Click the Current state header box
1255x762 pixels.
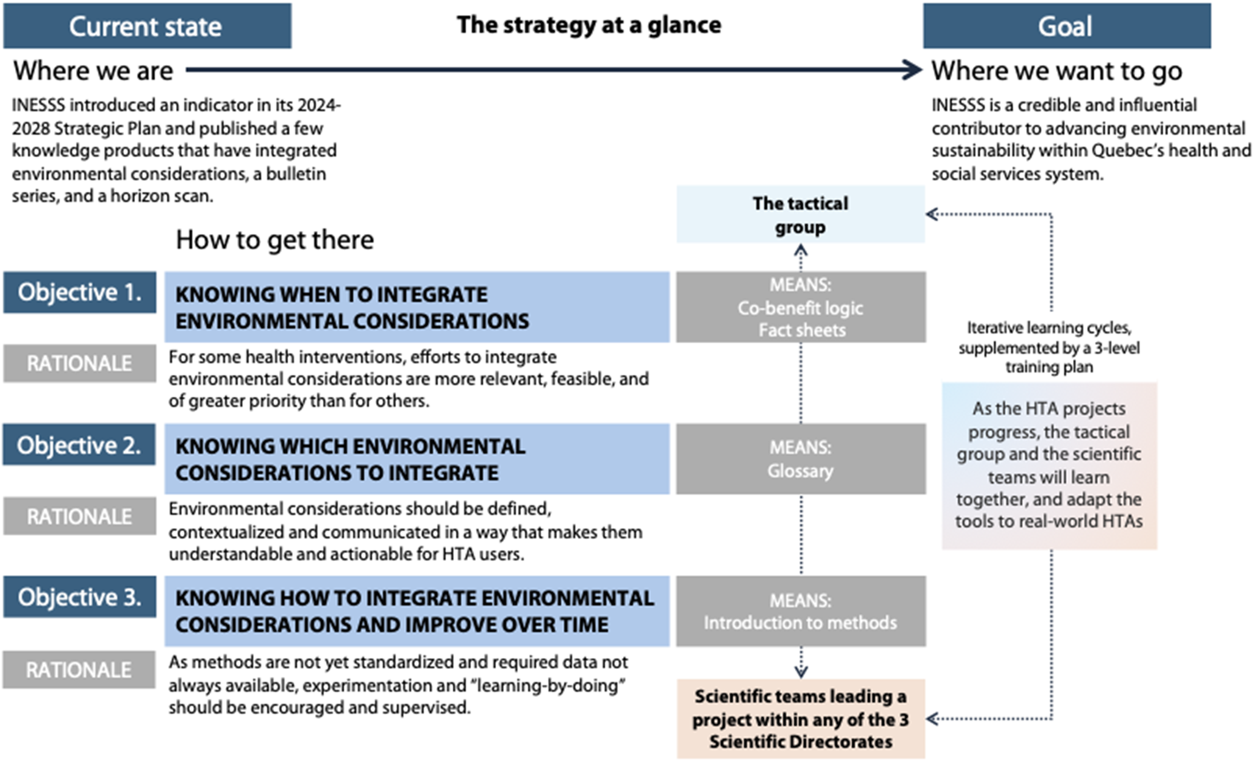click(147, 26)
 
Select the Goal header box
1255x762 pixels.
click(1066, 26)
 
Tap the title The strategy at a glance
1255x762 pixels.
click(588, 25)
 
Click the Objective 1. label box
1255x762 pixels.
click(80, 292)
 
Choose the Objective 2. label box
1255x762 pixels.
click(79, 445)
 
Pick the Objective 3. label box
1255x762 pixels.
click(80, 597)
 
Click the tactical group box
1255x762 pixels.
click(800, 215)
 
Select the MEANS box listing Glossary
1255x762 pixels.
click(801, 459)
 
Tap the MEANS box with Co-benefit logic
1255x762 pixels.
click(801, 307)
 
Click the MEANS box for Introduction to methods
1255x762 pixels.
click(801, 611)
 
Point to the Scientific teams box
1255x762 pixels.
click(801, 718)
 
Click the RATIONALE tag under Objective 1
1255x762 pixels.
click(80, 363)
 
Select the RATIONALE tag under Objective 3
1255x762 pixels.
click(79, 669)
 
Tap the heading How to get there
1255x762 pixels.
click(275, 240)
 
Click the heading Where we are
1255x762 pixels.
click(93, 71)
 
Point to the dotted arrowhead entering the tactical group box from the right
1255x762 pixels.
click(931, 214)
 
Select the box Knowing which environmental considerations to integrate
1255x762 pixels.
click(417, 459)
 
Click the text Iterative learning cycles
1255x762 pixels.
click(1049, 327)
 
